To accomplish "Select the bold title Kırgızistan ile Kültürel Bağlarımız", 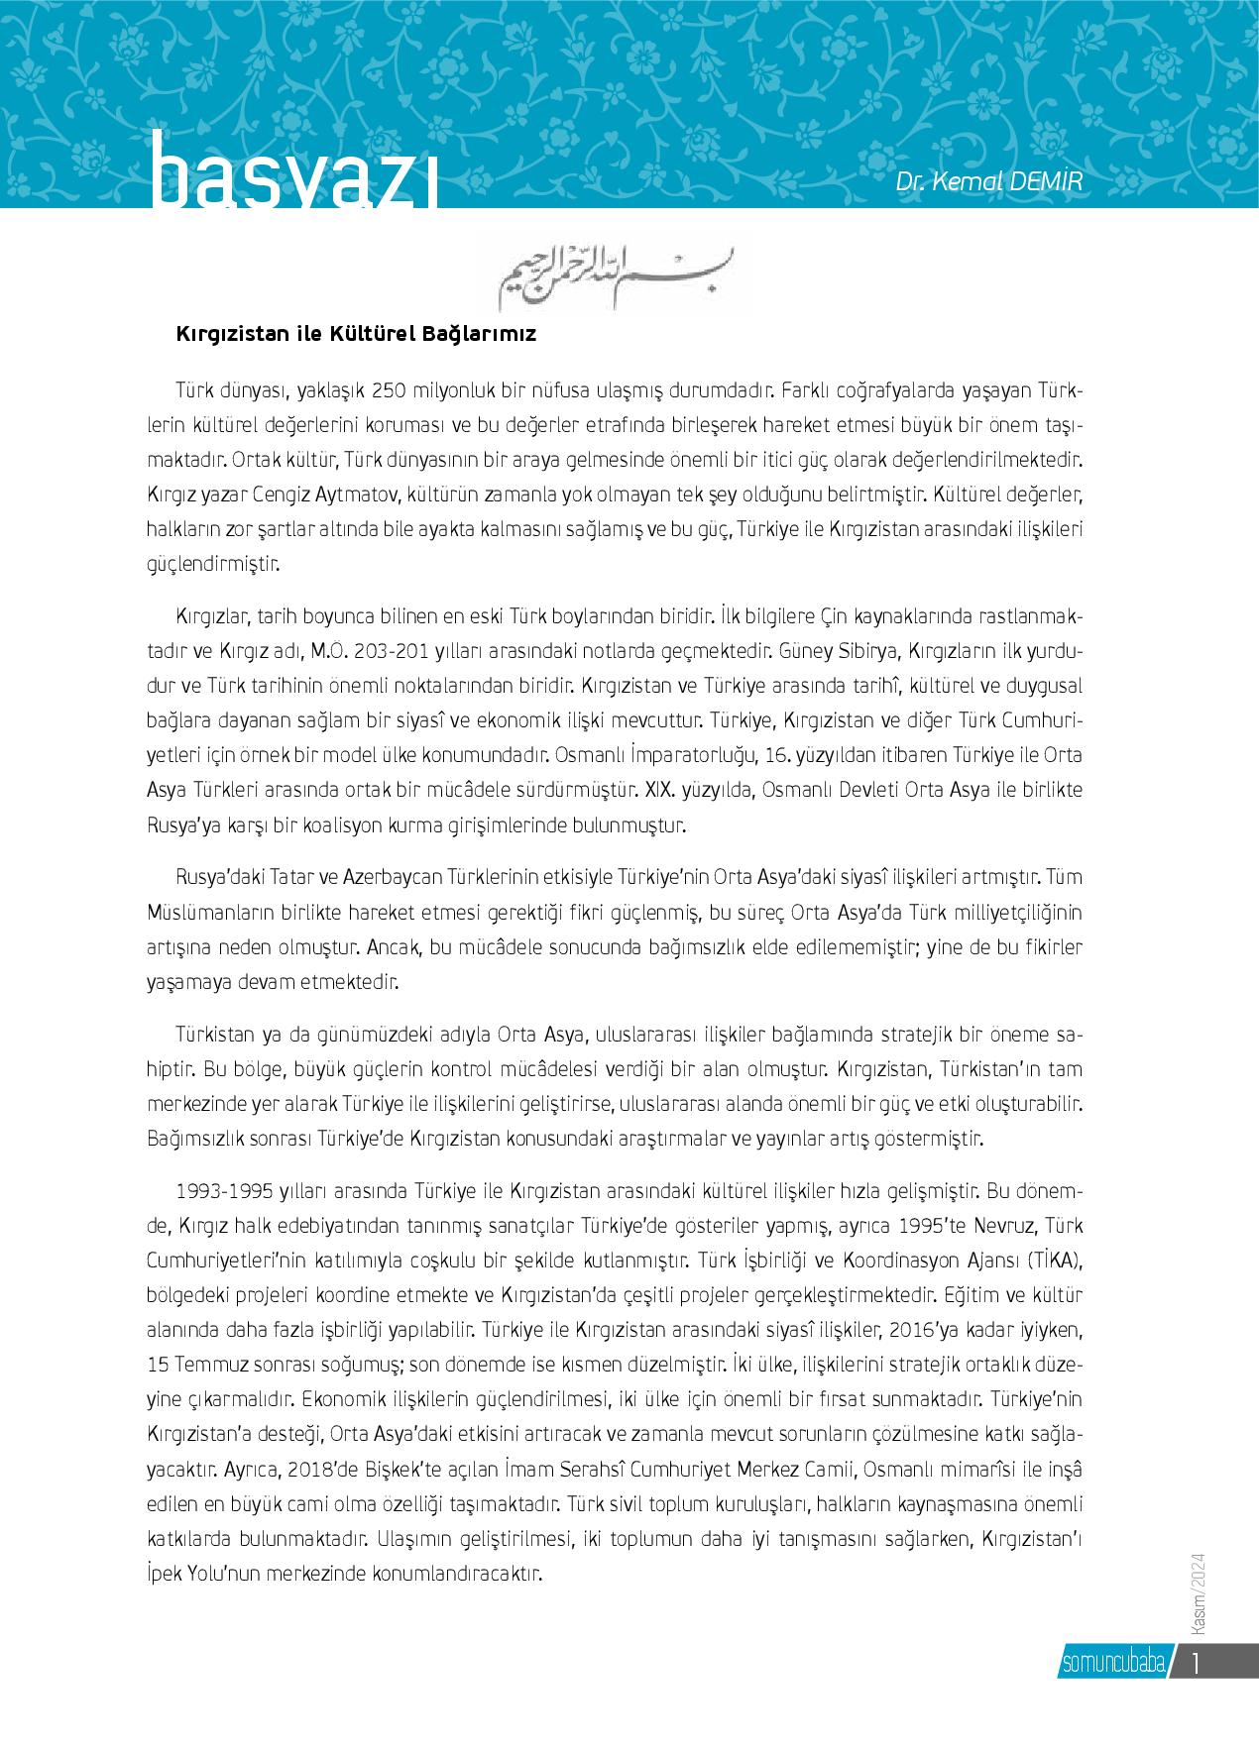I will [356, 334].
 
